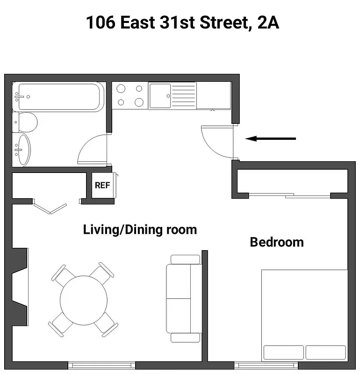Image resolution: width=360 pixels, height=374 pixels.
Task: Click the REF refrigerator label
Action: pos(102,185)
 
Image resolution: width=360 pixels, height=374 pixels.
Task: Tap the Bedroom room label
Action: pos(277,242)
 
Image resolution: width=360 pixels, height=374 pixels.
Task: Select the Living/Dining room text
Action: pos(140,230)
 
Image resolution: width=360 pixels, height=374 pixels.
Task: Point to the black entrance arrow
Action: pos(271,138)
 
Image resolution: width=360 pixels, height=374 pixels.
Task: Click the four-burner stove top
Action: pos(130,95)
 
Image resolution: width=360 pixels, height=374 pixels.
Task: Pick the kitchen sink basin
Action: pos(160,96)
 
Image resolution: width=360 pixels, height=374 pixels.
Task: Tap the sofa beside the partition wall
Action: pos(184,298)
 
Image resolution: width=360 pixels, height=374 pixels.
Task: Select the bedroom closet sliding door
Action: pos(290,195)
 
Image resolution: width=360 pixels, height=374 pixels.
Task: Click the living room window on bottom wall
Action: pos(102,365)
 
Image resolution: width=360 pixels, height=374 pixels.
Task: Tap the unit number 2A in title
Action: pos(267,22)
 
